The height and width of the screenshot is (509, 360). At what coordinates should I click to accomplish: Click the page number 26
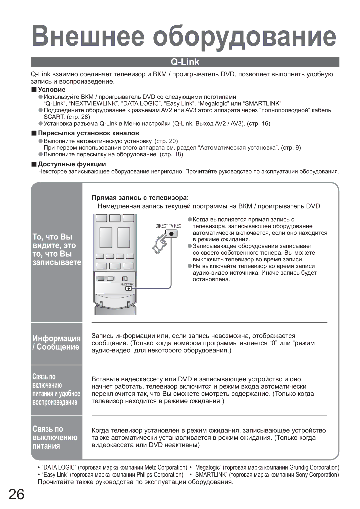coord(16,494)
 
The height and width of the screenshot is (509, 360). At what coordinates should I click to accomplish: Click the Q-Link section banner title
coord(185,62)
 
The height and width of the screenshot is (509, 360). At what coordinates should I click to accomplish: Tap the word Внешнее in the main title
coord(88,36)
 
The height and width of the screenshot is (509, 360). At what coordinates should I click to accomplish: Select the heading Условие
coord(52,90)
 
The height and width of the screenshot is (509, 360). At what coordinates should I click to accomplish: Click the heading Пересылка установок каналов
coord(88,133)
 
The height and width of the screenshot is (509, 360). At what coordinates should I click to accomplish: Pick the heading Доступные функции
coord(72,164)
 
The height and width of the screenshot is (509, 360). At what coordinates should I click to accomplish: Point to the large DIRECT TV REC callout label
coord(168,226)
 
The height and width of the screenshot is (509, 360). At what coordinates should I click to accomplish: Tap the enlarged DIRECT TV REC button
coord(171,234)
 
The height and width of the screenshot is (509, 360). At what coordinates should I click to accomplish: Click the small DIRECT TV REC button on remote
coord(129,289)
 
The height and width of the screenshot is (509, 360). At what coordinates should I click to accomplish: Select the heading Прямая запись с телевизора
coord(140,198)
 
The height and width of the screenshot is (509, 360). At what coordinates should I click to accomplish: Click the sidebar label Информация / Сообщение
coord(56,343)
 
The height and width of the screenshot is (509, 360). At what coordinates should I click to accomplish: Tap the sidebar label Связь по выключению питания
coord(55,437)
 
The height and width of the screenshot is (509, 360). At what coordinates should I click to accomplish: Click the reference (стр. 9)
coord(291,148)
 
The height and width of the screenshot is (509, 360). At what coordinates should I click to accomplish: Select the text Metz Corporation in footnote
coord(166,467)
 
